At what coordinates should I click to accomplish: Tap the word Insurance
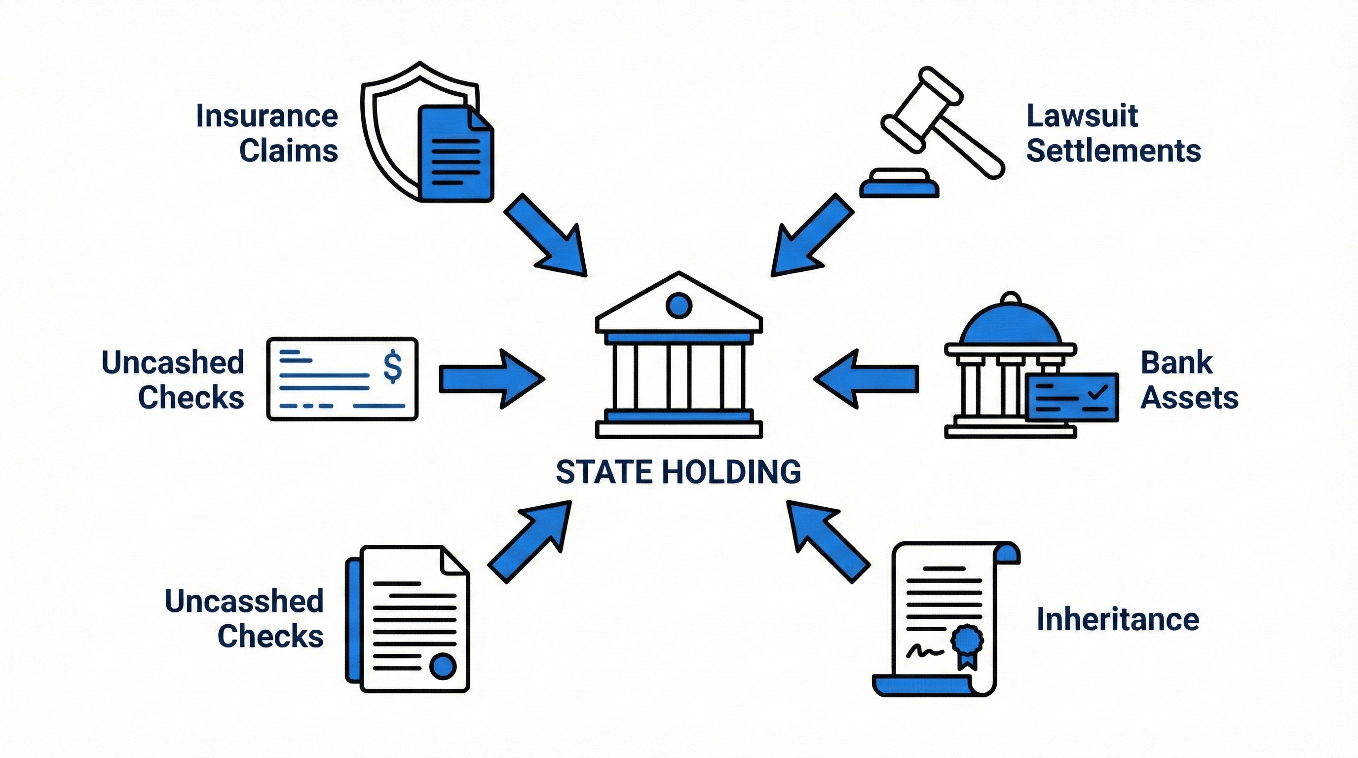click(x=267, y=116)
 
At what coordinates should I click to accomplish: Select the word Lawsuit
click(x=1082, y=116)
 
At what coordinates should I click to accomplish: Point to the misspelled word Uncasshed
click(x=244, y=601)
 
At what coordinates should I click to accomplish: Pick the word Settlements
click(x=1113, y=151)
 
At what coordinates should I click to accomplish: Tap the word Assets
click(x=1189, y=397)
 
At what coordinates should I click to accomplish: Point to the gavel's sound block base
click(x=900, y=185)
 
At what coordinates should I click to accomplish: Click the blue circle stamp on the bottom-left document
click(x=442, y=666)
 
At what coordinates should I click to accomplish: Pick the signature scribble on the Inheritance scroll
click(x=925, y=651)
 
